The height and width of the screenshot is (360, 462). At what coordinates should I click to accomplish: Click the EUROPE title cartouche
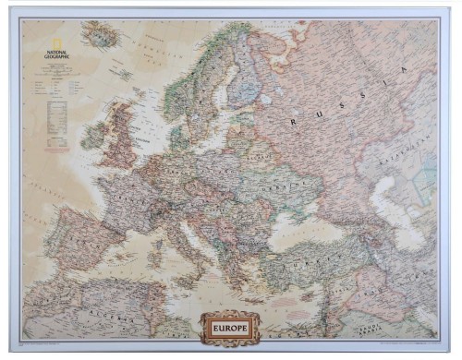pos(230,325)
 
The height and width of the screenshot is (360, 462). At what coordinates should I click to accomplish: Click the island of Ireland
pos(93,137)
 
